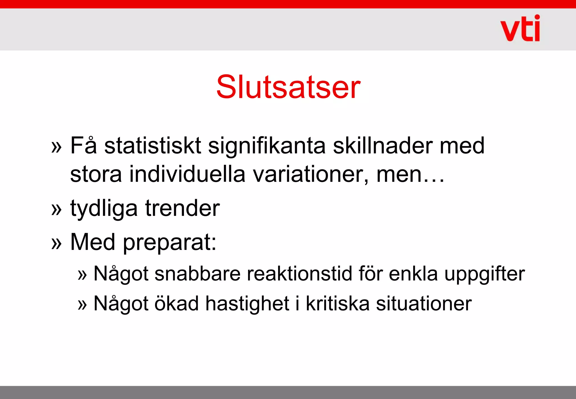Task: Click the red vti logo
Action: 520,29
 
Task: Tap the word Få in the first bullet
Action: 83,146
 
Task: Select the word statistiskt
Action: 152,146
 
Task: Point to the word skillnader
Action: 382,146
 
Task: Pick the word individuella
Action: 187,174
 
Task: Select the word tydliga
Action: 104,209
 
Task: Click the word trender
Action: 183,208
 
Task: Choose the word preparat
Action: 169,242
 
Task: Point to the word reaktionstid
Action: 299,274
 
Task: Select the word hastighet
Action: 247,304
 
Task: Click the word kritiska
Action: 337,304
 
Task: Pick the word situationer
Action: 424,304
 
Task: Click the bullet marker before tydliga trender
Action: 56,209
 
